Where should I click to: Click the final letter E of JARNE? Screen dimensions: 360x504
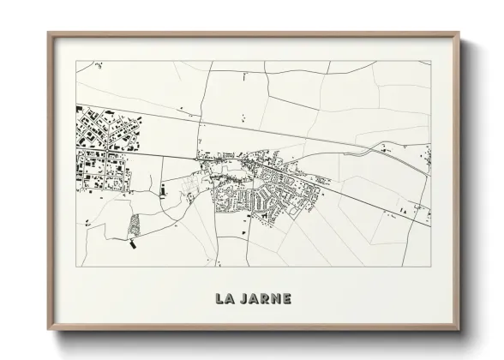point(287,299)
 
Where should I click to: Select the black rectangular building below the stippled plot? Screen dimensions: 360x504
point(133,243)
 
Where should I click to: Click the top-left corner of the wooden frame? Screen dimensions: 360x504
point(48,33)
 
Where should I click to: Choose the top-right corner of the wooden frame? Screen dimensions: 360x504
point(459,33)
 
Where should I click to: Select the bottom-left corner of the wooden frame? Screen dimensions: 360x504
point(48,330)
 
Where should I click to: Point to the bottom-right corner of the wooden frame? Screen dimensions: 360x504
point(459,330)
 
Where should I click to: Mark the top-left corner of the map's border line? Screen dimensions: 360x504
point(76,61)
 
